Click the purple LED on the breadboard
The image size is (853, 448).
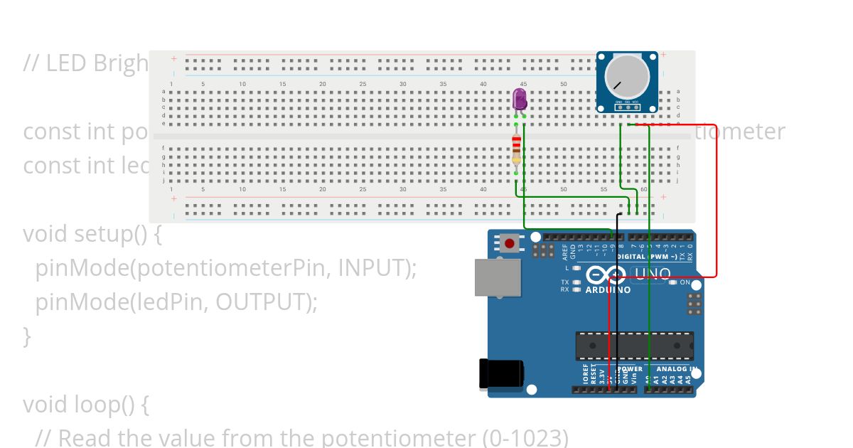520,100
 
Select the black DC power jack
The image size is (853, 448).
501,374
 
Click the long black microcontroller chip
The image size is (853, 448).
634,346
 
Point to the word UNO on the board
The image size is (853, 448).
652,274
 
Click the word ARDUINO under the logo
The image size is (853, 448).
608,290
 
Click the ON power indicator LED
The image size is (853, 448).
672,282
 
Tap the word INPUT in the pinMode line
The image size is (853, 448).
370,267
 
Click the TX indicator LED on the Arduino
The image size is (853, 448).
577,282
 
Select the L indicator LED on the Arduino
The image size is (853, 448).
577,268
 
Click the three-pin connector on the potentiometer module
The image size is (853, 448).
627,107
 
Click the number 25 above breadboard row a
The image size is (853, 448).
363,84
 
